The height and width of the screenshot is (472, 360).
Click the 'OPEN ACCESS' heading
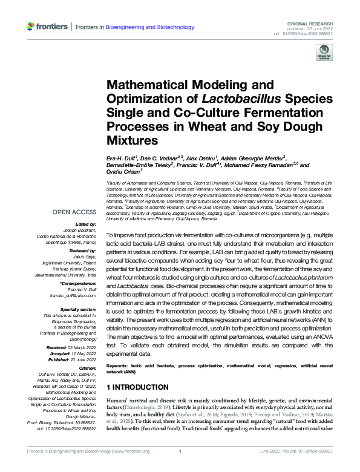click(74, 212)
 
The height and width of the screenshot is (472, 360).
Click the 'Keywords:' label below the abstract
click(120, 367)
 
